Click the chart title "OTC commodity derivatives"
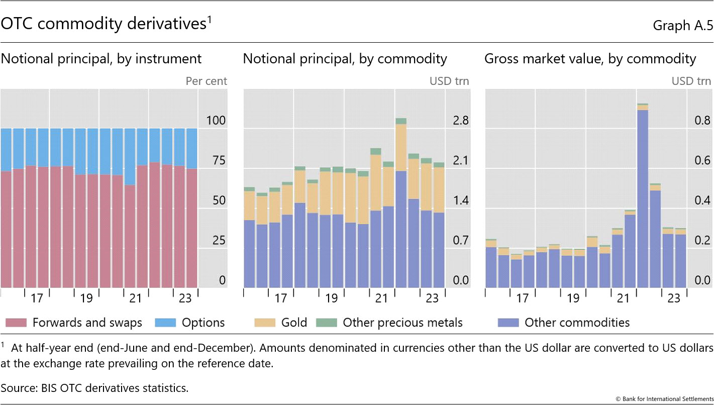point(104,24)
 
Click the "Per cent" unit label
point(206,81)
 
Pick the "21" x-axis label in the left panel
point(136,298)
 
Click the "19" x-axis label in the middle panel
point(331,298)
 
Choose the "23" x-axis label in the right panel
point(673,298)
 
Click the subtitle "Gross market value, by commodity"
point(590,59)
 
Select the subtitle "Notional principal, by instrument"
point(101,59)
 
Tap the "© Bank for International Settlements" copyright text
point(664,399)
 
